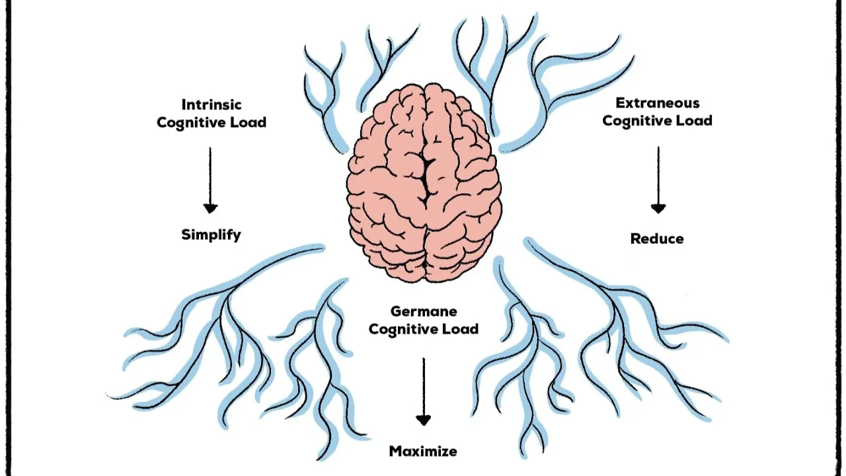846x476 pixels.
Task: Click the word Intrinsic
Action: pyautogui.click(x=211, y=104)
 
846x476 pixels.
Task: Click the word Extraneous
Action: pyautogui.click(x=658, y=102)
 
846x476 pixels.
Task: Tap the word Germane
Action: pyautogui.click(x=424, y=311)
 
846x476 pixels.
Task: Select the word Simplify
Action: pyautogui.click(x=211, y=235)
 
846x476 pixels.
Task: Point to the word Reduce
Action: pyautogui.click(x=657, y=239)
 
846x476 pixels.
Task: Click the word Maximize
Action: pyautogui.click(x=424, y=451)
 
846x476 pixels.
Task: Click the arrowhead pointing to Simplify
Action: pyautogui.click(x=210, y=208)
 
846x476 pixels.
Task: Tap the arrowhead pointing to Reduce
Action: pyautogui.click(x=658, y=208)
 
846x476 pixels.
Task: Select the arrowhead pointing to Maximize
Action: pyautogui.click(x=424, y=420)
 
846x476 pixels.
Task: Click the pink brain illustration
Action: pyautogui.click(x=424, y=183)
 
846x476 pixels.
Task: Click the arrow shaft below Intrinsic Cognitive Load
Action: pyautogui.click(x=210, y=176)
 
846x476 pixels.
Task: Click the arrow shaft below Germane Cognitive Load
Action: pyautogui.click(x=424, y=387)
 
